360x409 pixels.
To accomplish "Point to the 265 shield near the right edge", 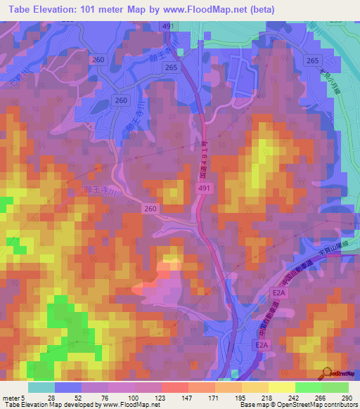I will point(313,61).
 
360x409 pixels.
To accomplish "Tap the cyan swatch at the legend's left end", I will point(41,387).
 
